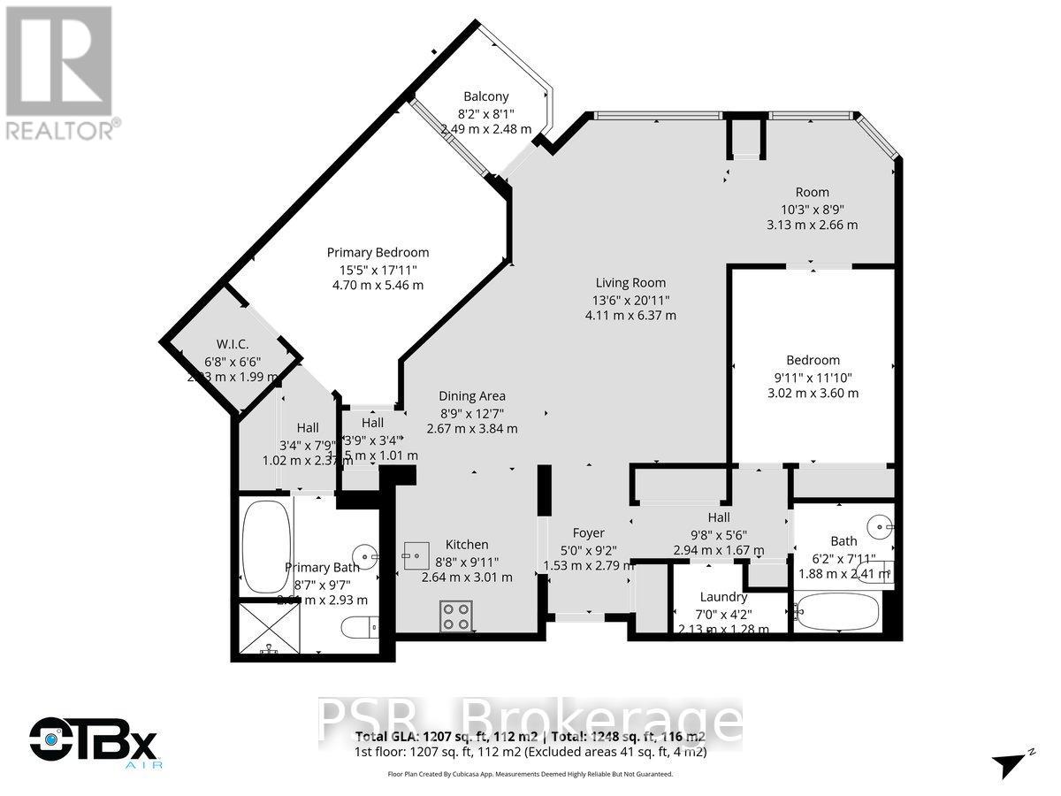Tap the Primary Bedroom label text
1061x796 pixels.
coord(378,252)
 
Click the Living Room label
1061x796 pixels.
coord(630,283)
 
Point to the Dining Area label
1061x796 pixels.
coord(472,396)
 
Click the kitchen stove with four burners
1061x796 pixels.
coord(455,615)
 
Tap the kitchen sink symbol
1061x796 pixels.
coord(415,557)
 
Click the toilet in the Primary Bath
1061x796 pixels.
coord(361,628)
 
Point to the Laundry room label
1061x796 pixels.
coord(723,597)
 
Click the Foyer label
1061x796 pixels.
coord(588,532)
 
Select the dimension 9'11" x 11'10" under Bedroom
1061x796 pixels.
coord(813,377)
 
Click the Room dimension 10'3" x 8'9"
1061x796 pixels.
coord(812,209)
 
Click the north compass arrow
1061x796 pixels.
coord(1011,762)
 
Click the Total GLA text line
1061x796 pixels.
coord(530,737)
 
